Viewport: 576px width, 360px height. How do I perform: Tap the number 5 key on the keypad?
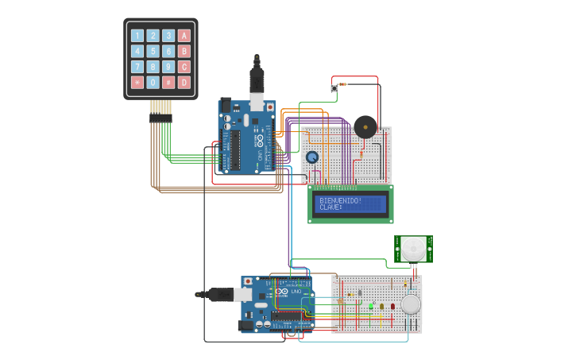click(x=153, y=51)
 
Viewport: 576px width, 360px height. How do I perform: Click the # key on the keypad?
click(x=168, y=82)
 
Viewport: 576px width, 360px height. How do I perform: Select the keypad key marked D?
click(x=184, y=82)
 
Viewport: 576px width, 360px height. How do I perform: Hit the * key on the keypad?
click(x=137, y=82)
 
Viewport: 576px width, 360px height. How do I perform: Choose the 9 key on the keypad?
click(x=168, y=67)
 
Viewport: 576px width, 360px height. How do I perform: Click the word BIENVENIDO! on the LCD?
click(x=340, y=201)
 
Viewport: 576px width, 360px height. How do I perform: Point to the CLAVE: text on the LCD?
click(x=331, y=207)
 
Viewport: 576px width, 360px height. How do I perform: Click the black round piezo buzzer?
click(x=365, y=126)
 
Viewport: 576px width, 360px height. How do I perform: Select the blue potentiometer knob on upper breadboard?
click(x=312, y=157)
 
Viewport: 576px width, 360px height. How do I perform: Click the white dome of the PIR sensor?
click(x=412, y=250)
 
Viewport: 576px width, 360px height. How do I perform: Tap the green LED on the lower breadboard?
click(x=371, y=305)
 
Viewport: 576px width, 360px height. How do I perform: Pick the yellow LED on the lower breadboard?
click(x=381, y=305)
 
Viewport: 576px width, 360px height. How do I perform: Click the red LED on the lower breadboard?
click(x=392, y=305)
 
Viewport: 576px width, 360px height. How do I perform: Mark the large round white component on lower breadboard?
click(x=411, y=304)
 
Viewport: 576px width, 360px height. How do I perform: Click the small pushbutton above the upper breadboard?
click(x=334, y=89)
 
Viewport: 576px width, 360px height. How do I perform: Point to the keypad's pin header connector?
click(x=160, y=118)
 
